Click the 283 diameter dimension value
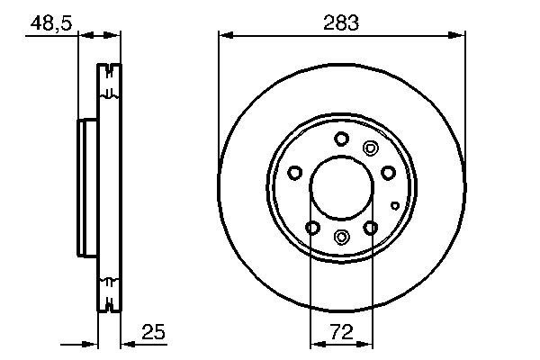pyautogui.click(x=342, y=22)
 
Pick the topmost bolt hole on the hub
pyautogui.click(x=341, y=139)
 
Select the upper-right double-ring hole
pyautogui.click(x=369, y=148)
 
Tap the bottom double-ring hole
pyautogui.click(x=341, y=237)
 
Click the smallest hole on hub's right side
pyautogui.click(x=395, y=205)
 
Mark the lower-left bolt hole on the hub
pyautogui.click(x=311, y=228)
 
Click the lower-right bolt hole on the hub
pyautogui.click(x=371, y=228)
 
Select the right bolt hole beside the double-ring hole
pyautogui.click(x=388, y=173)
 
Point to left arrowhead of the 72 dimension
pyautogui.click(x=315, y=344)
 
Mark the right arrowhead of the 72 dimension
pyautogui.click(x=369, y=344)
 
